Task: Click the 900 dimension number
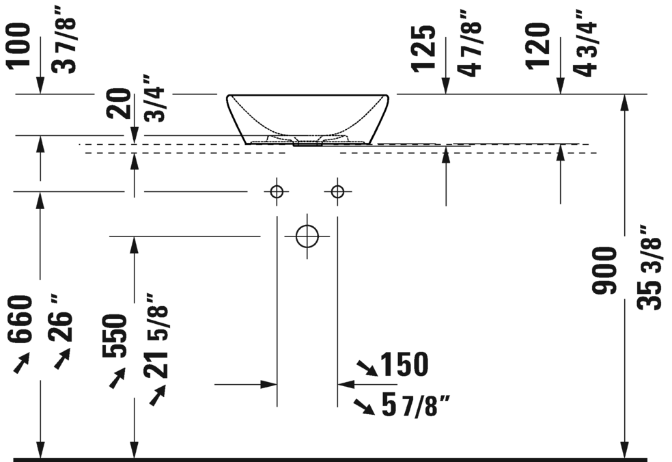click(x=604, y=271)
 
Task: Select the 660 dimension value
click(x=20, y=318)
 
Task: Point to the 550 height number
click(x=115, y=336)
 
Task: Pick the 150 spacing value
click(x=404, y=364)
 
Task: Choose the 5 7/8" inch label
click(x=416, y=405)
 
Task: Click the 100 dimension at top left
click(x=18, y=46)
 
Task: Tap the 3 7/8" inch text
click(x=64, y=45)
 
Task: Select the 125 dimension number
click(x=423, y=48)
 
